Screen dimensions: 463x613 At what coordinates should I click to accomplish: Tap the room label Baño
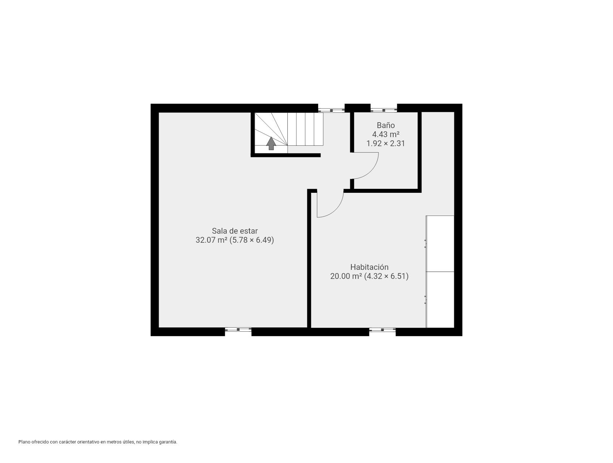(386, 126)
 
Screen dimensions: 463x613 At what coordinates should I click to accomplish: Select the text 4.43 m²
(386, 135)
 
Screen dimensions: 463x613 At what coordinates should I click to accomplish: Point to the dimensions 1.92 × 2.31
(386, 144)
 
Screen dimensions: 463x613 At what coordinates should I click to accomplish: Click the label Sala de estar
(235, 231)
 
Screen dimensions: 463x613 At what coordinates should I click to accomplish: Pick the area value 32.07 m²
(211, 240)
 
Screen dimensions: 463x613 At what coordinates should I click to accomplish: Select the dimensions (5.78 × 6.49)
(252, 240)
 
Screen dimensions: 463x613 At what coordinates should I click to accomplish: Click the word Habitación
(369, 267)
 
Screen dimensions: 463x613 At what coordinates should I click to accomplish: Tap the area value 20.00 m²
(346, 276)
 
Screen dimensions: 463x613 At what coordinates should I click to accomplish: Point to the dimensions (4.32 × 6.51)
(386, 276)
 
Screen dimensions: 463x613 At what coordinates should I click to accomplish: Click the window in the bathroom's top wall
(383, 108)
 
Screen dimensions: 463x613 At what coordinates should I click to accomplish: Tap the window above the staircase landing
(331, 108)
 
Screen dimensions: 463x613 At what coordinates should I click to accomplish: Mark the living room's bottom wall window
(238, 330)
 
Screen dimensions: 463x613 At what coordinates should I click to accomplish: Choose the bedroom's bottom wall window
(382, 330)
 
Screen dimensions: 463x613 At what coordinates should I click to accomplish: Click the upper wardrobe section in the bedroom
(440, 243)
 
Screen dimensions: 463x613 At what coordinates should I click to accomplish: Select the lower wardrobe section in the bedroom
(440, 300)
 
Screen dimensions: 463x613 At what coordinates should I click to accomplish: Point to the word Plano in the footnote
(24, 442)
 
